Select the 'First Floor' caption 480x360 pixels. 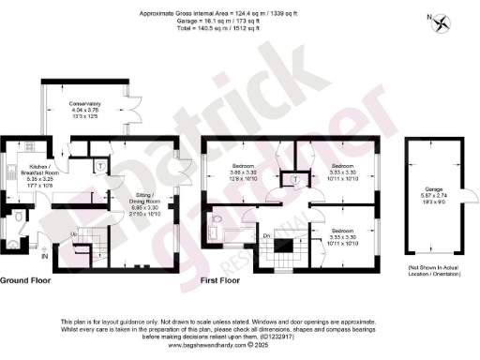[x=223, y=279]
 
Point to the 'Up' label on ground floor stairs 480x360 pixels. [x=73, y=233]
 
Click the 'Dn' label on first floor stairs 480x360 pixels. [x=267, y=235]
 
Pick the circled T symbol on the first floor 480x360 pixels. [x=295, y=178]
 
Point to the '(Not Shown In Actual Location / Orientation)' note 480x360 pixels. [x=432, y=270]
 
